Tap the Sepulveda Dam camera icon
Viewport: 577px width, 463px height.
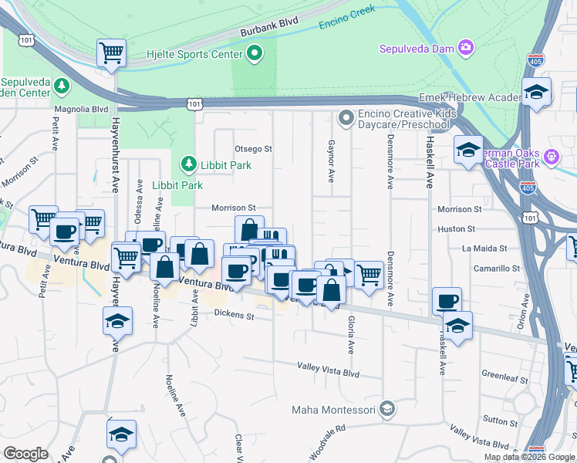[466, 49]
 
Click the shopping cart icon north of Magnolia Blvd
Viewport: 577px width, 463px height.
[112, 53]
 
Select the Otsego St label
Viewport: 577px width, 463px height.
[254, 148]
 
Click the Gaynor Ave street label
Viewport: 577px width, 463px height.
[330, 161]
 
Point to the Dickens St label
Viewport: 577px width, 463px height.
[234, 314]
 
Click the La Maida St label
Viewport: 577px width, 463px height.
[484, 248]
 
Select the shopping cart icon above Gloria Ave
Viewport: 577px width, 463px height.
[369, 273]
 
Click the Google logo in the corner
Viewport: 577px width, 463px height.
[25, 454]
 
